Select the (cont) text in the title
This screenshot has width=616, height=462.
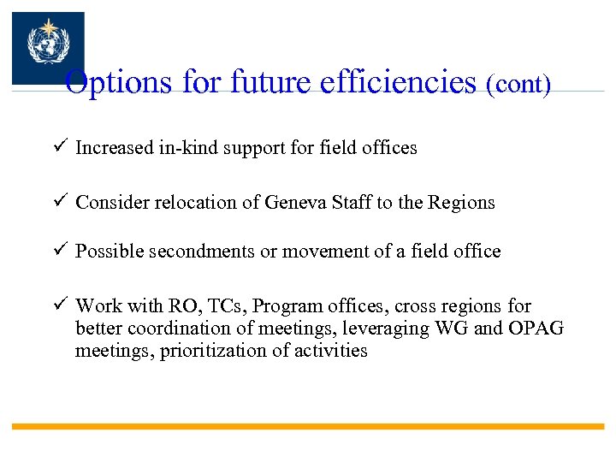click(x=518, y=85)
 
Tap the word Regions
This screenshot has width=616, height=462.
click(x=462, y=204)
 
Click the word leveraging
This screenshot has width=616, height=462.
click(x=381, y=329)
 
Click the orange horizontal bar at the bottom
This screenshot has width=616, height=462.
click(x=308, y=426)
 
